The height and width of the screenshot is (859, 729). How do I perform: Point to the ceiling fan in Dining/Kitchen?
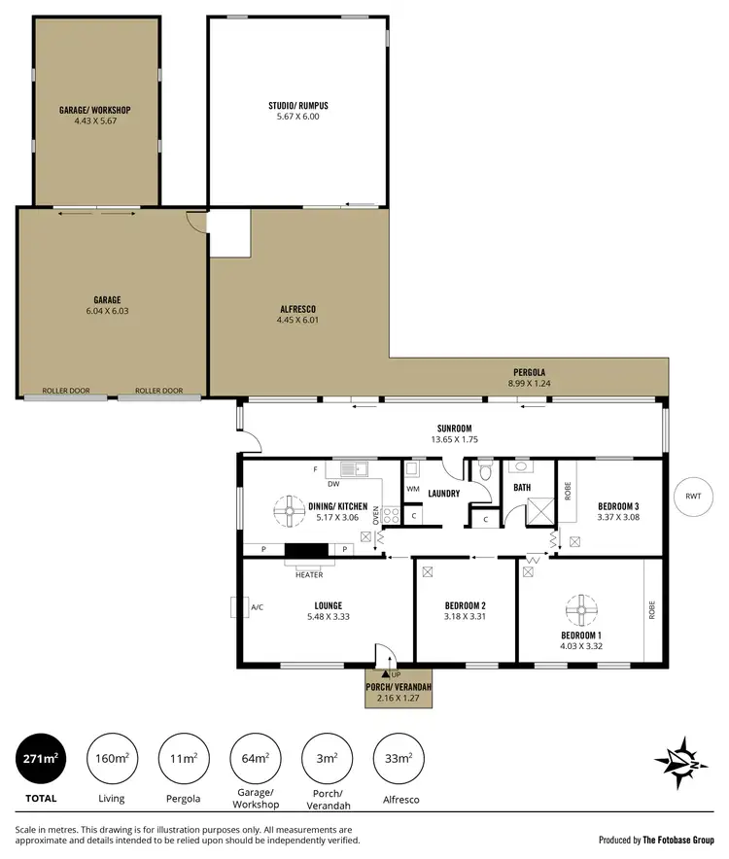tap(290, 510)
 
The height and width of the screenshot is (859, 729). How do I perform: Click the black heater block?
tap(308, 551)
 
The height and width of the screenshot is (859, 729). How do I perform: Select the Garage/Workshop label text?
tap(94, 110)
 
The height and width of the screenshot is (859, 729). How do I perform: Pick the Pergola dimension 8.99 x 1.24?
tap(530, 384)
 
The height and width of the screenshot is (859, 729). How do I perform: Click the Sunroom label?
tap(454, 429)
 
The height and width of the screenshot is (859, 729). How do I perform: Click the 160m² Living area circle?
tap(114, 759)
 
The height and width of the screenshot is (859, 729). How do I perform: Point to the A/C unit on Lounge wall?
tap(234, 607)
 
